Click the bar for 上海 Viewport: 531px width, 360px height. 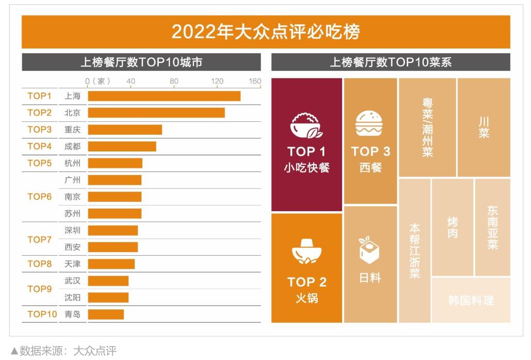pyautogui.click(x=164, y=96)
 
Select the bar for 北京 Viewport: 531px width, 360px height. pyautogui.click(x=156, y=113)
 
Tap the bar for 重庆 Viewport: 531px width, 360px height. pyautogui.click(x=125, y=130)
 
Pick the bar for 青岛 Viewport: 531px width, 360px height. pyautogui.click(x=106, y=314)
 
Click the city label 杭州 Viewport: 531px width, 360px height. pyautogui.click(x=72, y=163)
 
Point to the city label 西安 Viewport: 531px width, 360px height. pyautogui.click(x=72, y=247)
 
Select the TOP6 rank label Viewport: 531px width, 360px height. pyautogui.click(x=40, y=197)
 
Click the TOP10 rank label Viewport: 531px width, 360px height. pyautogui.click(x=42, y=314)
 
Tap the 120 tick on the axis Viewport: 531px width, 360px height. pyautogui.click(x=217, y=81)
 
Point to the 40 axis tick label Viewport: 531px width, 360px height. pyautogui.click(x=131, y=81)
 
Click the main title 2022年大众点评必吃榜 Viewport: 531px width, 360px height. pyautogui.click(x=266, y=32)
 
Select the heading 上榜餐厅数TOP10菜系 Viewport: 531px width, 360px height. pyautogui.click(x=391, y=62)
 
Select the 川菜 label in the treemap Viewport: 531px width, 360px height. pyautogui.click(x=484, y=127)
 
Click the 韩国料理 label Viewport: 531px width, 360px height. pyautogui.click(x=471, y=300)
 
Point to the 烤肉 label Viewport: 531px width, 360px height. pyautogui.click(x=452, y=227)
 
